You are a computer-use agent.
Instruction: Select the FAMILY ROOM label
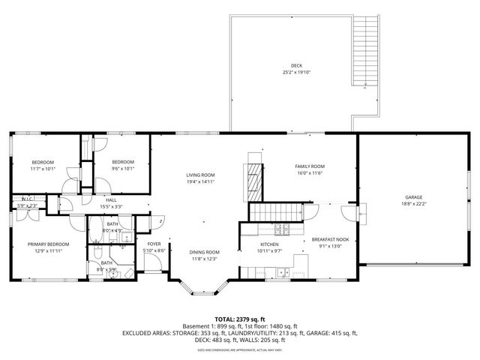tap(308, 166)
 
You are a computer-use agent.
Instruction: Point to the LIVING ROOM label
tap(200, 175)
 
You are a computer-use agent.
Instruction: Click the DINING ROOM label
tap(204, 252)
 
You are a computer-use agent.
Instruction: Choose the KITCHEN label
tap(269, 244)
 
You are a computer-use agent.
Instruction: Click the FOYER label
tap(154, 244)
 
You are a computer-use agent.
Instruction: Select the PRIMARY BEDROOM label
tap(48, 244)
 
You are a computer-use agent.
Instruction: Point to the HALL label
tap(111, 200)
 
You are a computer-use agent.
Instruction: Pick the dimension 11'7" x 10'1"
tap(43, 169)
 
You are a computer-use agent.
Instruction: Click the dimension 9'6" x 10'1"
tap(123, 169)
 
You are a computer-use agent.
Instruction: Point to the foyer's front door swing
tap(152, 262)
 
